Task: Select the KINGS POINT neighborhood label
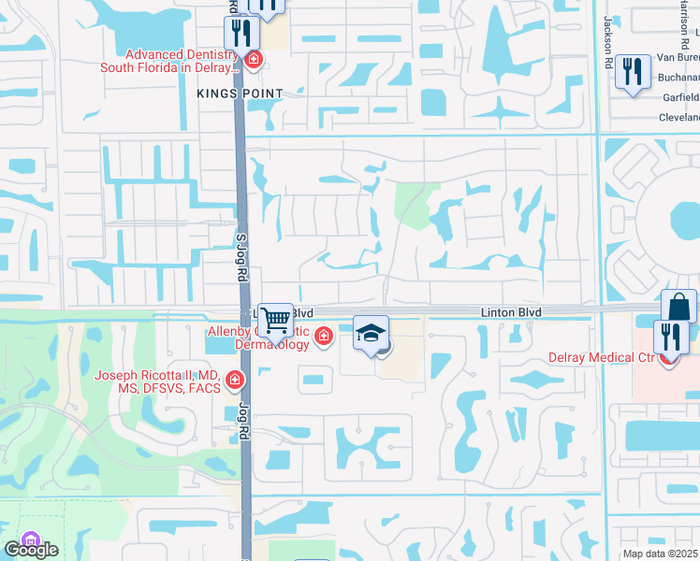(x=229, y=93)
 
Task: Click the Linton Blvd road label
(x=511, y=311)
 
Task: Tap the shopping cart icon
(x=275, y=321)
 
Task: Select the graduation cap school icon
(x=371, y=333)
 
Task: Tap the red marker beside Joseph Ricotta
(x=233, y=381)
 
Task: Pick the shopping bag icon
(x=678, y=307)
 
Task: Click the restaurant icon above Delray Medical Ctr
(x=671, y=335)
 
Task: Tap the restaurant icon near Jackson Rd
(x=633, y=72)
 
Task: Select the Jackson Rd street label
(x=609, y=36)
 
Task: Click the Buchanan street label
(x=678, y=78)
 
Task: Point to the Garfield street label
(x=680, y=97)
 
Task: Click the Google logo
(x=30, y=549)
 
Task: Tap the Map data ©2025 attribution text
(x=660, y=554)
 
